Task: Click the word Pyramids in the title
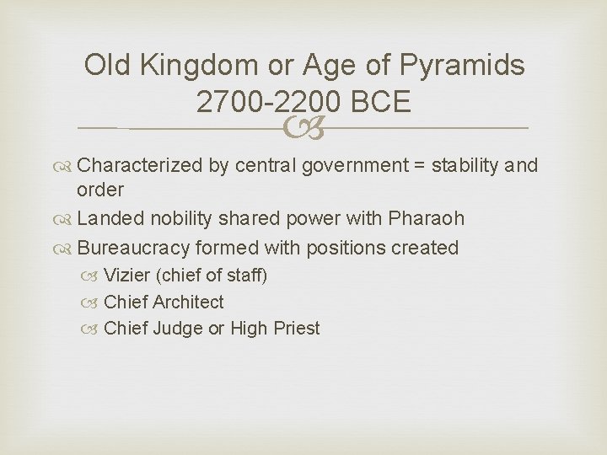pos(464,65)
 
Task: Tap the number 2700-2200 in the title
pos(266,102)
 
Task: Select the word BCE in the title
pos(377,102)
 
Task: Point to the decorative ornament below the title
pos(303,129)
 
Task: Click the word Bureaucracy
pos(132,248)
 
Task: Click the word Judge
pos(178,329)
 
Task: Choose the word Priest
pos(297,329)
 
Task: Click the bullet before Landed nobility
pos(66,219)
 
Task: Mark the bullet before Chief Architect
pos(94,302)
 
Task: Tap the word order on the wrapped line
pos(99,190)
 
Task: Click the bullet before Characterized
pos(66,165)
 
